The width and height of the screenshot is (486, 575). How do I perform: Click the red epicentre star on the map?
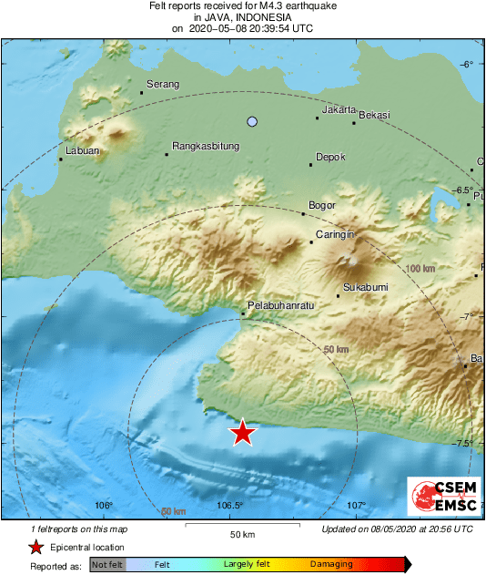[x=242, y=433]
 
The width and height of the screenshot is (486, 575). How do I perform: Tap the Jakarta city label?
[x=339, y=109]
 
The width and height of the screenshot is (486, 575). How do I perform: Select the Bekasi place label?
[x=375, y=115]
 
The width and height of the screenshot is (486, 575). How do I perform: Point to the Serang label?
[x=163, y=85]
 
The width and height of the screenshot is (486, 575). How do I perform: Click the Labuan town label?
[x=83, y=150]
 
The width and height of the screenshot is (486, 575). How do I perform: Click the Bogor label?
[x=323, y=205]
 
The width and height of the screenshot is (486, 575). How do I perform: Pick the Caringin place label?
[x=334, y=235]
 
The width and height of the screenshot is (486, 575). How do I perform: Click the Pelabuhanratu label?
[x=280, y=306]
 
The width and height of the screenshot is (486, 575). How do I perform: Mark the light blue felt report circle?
[x=253, y=121]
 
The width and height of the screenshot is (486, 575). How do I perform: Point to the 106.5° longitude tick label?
[x=229, y=506]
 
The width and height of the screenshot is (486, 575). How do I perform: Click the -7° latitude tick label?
[x=467, y=317]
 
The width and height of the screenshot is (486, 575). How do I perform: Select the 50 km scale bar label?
[x=241, y=533]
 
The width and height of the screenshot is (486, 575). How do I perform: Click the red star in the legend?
[x=35, y=547]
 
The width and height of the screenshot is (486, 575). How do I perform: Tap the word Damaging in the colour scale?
[x=331, y=565]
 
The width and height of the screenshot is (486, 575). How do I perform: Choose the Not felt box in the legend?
[x=107, y=565]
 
